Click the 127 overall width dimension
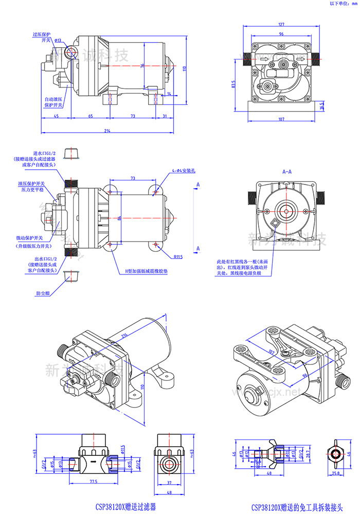281,24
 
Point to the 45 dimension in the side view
56,117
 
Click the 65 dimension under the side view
90,117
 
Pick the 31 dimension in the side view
164,117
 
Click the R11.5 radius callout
178,256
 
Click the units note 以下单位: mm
342,4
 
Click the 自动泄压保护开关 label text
53,101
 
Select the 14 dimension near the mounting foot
169,94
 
